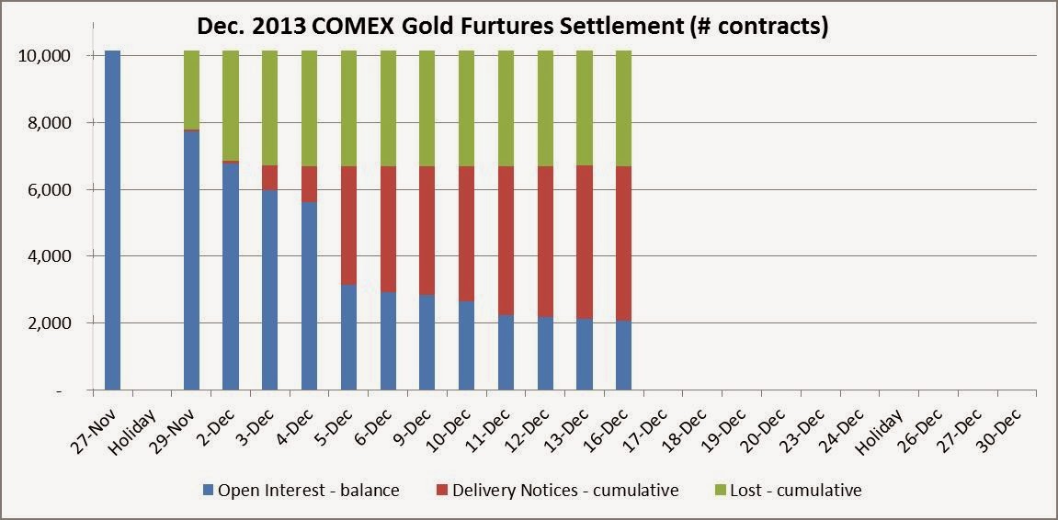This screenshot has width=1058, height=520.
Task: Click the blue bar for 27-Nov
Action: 112,220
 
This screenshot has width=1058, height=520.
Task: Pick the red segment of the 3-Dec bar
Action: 269,177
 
